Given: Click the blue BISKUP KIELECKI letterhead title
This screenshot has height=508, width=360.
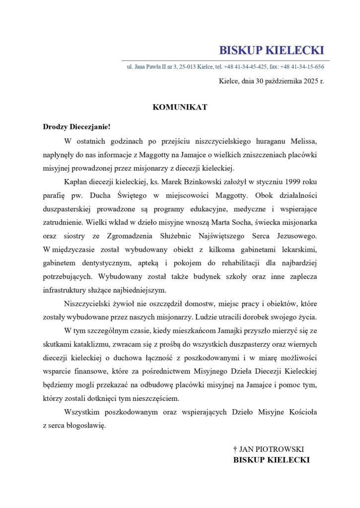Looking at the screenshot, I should tap(271, 50).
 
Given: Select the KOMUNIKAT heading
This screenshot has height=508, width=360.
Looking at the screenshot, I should tap(180, 107).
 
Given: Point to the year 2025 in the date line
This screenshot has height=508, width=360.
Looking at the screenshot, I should tap(309, 81).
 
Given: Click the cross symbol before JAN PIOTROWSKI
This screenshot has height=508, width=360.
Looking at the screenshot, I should tap(235, 448).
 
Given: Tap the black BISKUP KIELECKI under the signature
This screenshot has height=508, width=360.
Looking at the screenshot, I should tap(271, 460).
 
